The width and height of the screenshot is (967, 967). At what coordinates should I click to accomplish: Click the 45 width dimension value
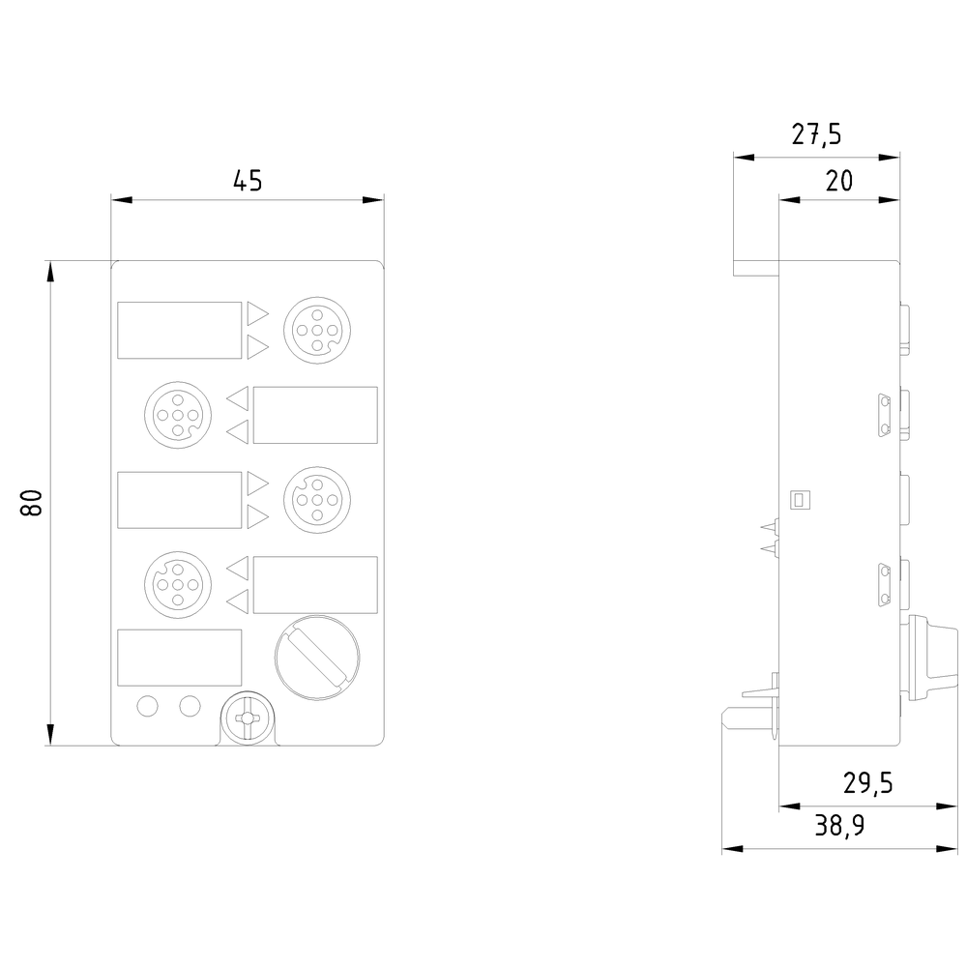248,181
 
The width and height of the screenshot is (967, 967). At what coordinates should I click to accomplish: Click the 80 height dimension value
31,503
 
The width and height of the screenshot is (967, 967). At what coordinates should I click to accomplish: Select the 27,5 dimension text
817,134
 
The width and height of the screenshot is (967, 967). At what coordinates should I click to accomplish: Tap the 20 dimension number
838,181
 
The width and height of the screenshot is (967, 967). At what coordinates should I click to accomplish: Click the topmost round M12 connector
314,330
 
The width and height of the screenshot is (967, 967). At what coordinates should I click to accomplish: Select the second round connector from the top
175,415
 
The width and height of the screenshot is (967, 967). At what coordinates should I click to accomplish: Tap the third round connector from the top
314,500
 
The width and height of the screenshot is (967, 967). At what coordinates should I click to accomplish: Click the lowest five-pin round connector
175,585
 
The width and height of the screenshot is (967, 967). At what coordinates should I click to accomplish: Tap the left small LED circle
147,707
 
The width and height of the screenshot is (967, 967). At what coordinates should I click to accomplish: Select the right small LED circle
190,707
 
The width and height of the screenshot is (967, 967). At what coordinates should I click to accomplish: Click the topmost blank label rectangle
179,330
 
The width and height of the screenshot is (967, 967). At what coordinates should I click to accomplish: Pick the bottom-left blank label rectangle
179,658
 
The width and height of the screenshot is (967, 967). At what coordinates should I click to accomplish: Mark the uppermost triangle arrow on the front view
257,313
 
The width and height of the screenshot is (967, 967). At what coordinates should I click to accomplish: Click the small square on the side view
799,499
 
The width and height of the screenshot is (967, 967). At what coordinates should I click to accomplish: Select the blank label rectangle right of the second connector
314,415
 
